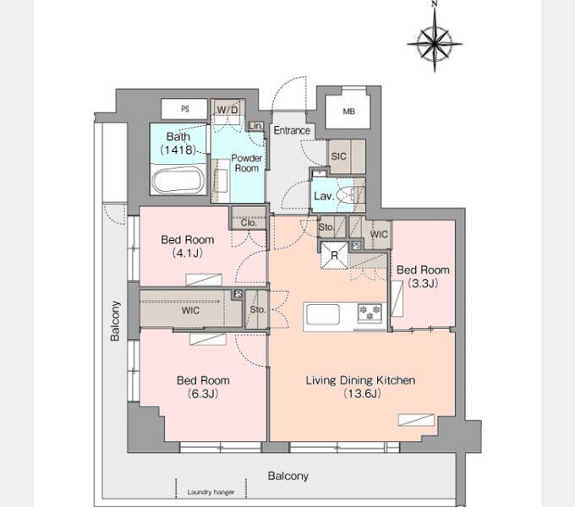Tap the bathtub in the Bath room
coord(178,181)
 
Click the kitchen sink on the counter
coord(323,314)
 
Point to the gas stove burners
coord(370,313)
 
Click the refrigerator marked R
coord(334,255)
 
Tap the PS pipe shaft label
coord(185,109)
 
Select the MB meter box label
coord(348,112)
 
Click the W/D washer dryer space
coord(227,110)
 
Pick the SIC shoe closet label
coord(338,156)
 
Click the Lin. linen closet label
coord(255,127)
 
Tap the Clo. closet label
coord(249,223)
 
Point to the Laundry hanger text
coord(211,493)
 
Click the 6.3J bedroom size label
coord(203,394)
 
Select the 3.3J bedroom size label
coord(423,283)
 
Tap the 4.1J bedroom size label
coord(188,253)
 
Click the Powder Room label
coord(246,163)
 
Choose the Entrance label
coord(292,130)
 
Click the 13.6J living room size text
coord(362,394)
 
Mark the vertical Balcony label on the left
coord(115,321)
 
